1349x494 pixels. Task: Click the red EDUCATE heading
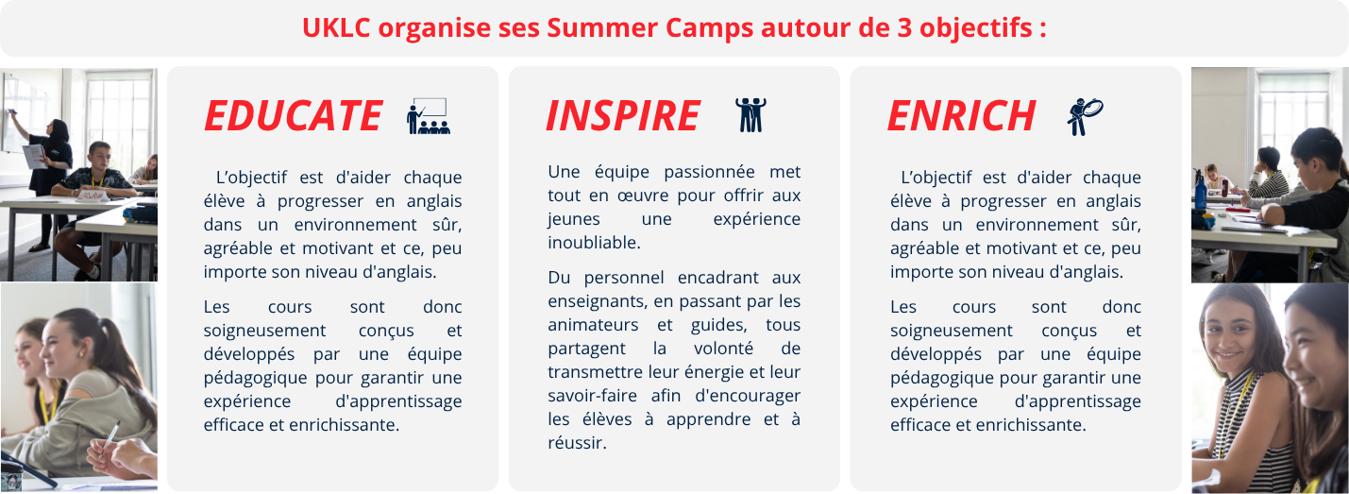(294, 115)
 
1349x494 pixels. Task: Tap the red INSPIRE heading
(623, 115)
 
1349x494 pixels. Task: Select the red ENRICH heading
(962, 115)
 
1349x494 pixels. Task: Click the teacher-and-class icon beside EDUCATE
(429, 115)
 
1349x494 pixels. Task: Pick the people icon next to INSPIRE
(750, 114)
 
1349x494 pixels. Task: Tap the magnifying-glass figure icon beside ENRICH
(1085, 116)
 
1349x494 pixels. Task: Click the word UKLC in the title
(336, 27)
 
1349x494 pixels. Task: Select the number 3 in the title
(904, 27)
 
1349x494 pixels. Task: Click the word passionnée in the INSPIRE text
(709, 172)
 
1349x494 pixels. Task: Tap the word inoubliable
(594, 243)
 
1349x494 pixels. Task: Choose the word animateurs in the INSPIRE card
(593, 325)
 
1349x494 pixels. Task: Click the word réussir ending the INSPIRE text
(577, 443)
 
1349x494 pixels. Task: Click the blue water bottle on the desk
(1200, 191)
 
